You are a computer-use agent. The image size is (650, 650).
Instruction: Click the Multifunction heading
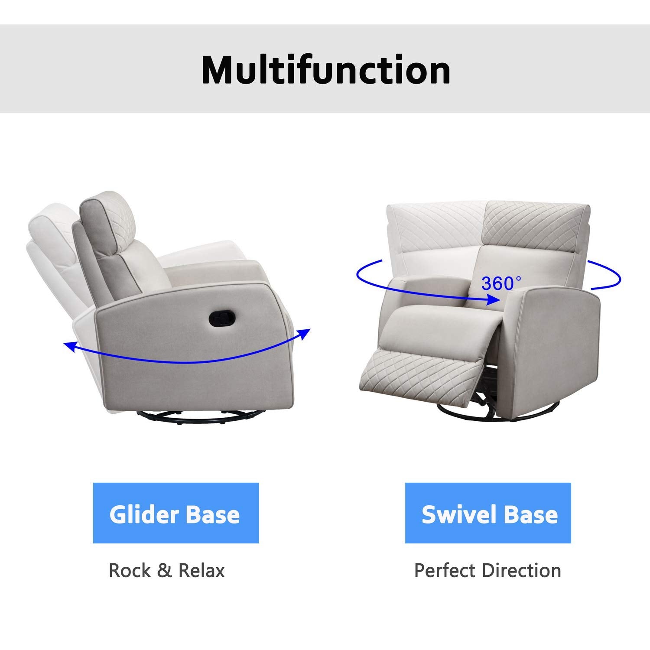pos(326,70)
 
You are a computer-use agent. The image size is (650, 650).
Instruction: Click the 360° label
pos(502,283)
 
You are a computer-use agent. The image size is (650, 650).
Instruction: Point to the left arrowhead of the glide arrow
pos(68,345)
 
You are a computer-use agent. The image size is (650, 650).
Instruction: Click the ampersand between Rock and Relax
pos(165,570)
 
